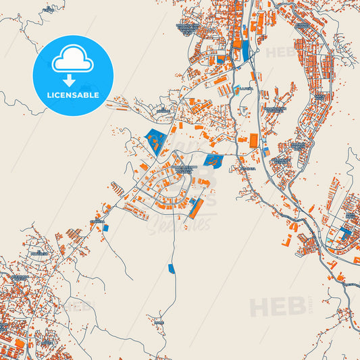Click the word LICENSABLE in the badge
pos(73,95)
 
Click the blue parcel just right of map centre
pos(213,161)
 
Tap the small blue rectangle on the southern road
pos(171,268)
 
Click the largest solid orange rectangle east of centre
pos(254,140)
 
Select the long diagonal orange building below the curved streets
pos(196,209)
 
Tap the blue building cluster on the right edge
pos(346,232)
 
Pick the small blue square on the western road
pos(105,228)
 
